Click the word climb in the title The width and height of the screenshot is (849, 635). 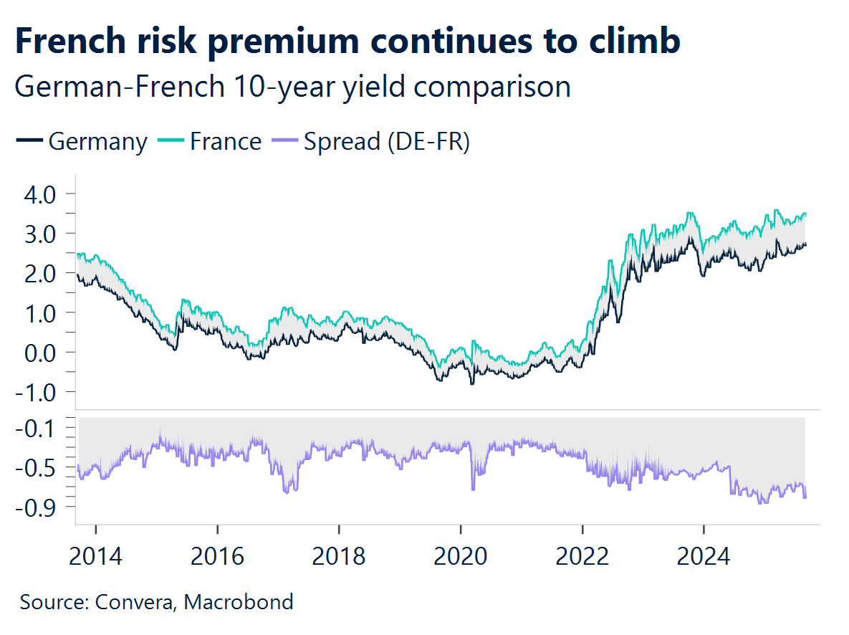[630, 42]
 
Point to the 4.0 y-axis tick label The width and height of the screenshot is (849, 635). [39, 194]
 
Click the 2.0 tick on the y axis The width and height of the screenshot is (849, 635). [39, 273]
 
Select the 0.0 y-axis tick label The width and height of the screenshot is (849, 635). [39, 352]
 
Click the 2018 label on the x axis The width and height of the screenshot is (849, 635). [339, 555]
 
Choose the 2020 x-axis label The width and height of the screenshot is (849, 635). [461, 555]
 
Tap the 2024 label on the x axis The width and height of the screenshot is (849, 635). [704, 555]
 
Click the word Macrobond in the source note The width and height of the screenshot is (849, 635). [239, 601]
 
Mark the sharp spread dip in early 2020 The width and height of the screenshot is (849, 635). [473, 487]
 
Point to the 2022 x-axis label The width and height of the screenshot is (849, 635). [582, 555]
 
